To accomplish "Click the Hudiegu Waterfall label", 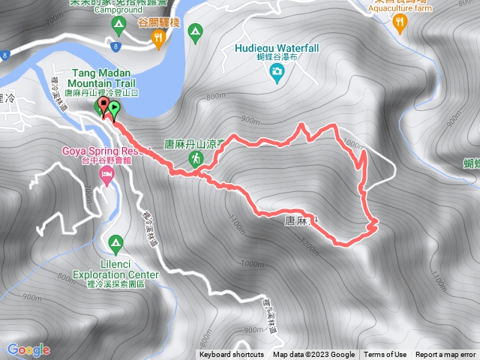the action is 276,48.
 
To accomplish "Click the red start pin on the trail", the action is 103,107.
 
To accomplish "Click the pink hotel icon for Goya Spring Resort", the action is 106,176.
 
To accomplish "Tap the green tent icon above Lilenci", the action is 115,243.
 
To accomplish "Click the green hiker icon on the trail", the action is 196,158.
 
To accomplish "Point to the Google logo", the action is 28,349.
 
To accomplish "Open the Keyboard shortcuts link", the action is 232,355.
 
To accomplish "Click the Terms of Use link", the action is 385,355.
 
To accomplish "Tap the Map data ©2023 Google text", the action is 313,355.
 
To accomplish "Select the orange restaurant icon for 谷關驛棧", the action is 159,39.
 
